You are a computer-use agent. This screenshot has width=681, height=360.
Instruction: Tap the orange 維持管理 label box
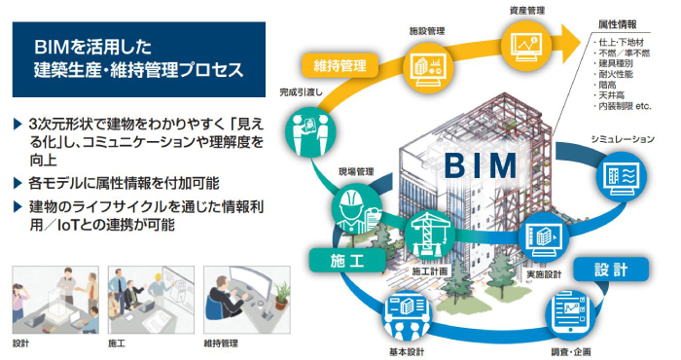(340, 66)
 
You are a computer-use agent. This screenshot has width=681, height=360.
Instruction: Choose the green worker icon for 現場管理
(350, 203)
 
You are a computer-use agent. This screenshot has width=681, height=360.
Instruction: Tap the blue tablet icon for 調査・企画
(569, 314)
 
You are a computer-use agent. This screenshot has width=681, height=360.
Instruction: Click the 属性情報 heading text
(618, 24)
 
